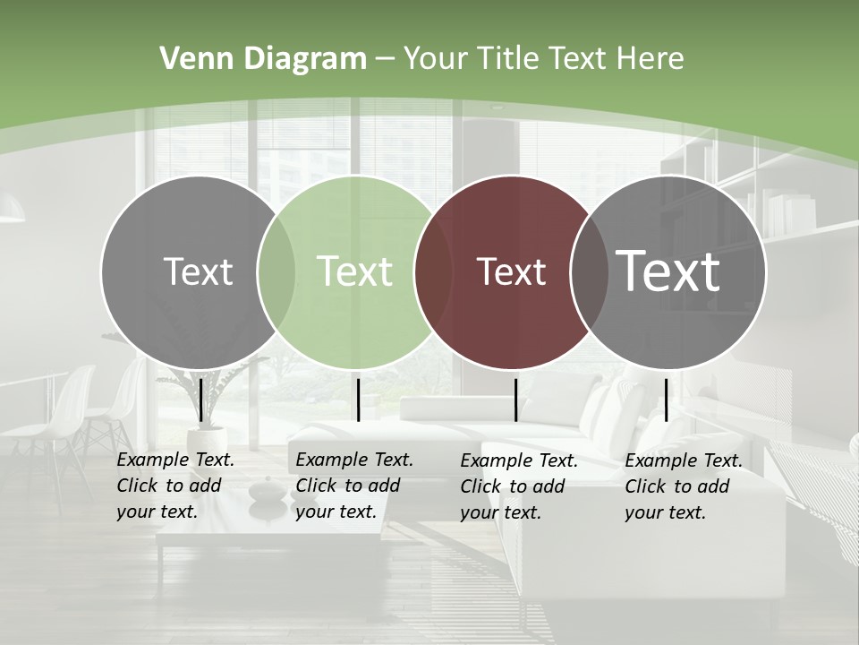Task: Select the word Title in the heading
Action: click(x=514, y=59)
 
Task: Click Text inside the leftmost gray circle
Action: click(x=198, y=271)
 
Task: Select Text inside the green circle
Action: click(x=354, y=271)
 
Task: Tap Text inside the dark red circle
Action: click(x=511, y=271)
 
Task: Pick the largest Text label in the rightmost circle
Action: click(x=668, y=271)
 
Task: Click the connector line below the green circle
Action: click(x=358, y=400)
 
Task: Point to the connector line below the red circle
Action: click(x=516, y=400)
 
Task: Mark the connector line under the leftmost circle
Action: click(x=200, y=400)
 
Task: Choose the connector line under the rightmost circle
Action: click(x=666, y=400)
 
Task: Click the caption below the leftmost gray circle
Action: click(x=175, y=486)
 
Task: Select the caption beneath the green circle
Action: click(x=354, y=486)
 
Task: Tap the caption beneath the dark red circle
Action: click(x=519, y=486)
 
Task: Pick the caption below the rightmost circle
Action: click(x=684, y=486)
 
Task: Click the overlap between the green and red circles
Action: click(x=433, y=271)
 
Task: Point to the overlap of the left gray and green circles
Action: click(x=276, y=271)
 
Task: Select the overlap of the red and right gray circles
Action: click(x=589, y=271)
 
